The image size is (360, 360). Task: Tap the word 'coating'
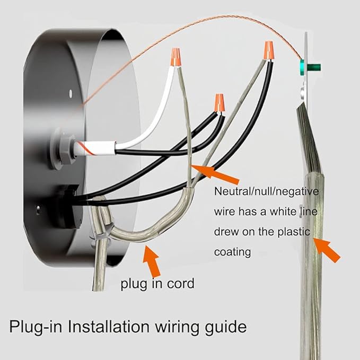[232, 252]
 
